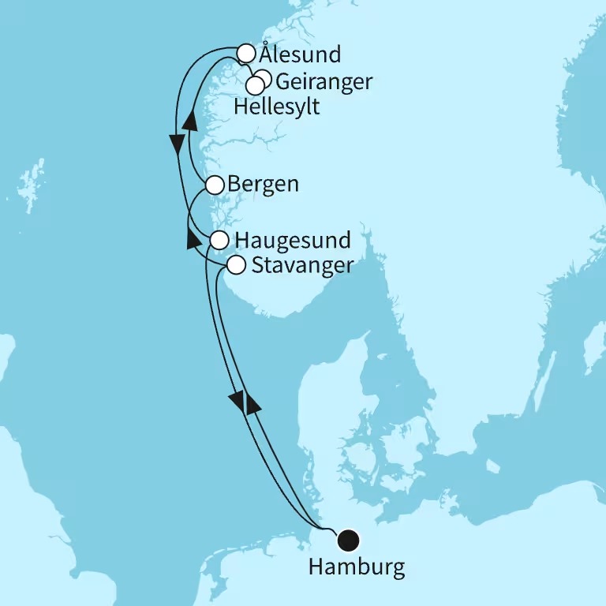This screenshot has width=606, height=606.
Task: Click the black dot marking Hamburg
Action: point(348,541)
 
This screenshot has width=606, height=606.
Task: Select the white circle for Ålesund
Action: point(246,54)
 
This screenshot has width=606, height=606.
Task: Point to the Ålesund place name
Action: point(301,55)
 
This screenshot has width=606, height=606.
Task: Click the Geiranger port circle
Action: point(263,78)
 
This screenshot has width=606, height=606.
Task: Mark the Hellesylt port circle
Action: point(255,85)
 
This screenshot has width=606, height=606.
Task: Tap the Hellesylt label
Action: point(277,107)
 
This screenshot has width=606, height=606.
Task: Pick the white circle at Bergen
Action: point(214,185)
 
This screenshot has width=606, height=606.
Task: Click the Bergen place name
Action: point(264,185)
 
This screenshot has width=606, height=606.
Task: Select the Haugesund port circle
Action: point(219,239)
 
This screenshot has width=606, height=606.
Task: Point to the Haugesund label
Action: point(292,239)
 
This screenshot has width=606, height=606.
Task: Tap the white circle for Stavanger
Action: point(235,265)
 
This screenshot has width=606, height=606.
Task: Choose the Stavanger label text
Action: point(302,266)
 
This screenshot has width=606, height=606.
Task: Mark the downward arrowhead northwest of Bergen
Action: point(177,144)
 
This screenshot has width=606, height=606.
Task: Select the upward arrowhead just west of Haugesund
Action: point(191,238)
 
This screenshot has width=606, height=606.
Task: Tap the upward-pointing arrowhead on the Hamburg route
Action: point(252,403)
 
